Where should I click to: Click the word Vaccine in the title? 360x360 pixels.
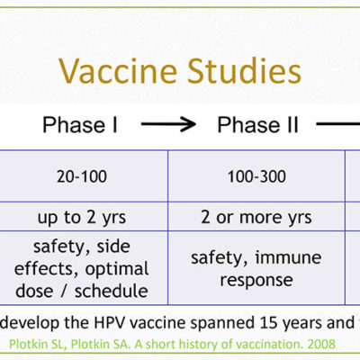pyautogui.click(x=118, y=71)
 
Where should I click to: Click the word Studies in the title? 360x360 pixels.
pyautogui.click(x=244, y=71)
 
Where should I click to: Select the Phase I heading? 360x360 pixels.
pyautogui.click(x=80, y=125)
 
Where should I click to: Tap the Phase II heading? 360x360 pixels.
pyautogui.click(x=258, y=125)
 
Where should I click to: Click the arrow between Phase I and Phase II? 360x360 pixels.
pyautogui.click(x=168, y=124)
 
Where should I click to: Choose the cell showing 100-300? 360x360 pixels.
pyautogui.click(x=256, y=176)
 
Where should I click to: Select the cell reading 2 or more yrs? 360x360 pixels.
pyautogui.click(x=256, y=217)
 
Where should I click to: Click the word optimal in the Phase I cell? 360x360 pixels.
pyautogui.click(x=117, y=269)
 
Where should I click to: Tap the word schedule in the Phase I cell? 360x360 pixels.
pyautogui.click(x=112, y=291)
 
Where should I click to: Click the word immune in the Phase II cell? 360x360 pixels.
pyautogui.click(x=288, y=257)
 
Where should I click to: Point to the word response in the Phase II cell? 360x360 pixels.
pyautogui.click(x=256, y=281)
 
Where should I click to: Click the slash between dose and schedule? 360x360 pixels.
pyautogui.click(x=63, y=292)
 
